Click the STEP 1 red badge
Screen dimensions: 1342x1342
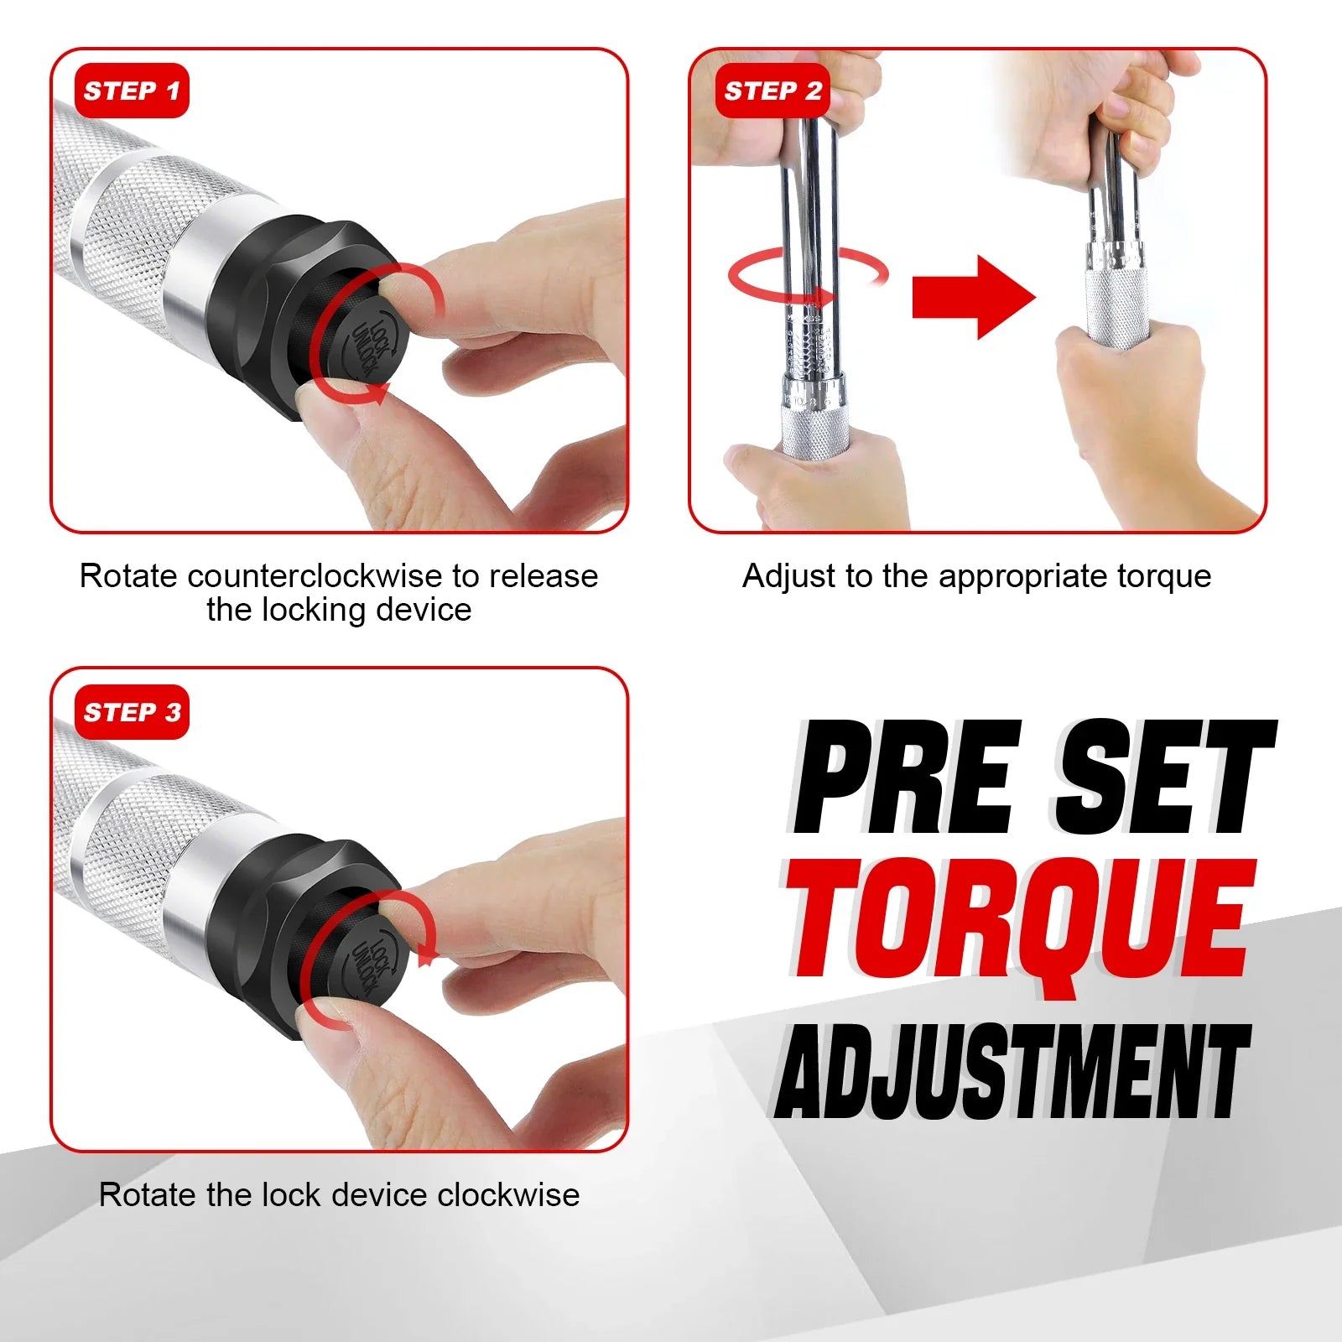[x=132, y=91]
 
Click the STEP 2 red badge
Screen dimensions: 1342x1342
[x=772, y=91]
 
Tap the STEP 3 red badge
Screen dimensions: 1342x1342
[x=132, y=712]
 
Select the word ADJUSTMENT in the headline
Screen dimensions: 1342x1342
[x=1012, y=1072]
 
